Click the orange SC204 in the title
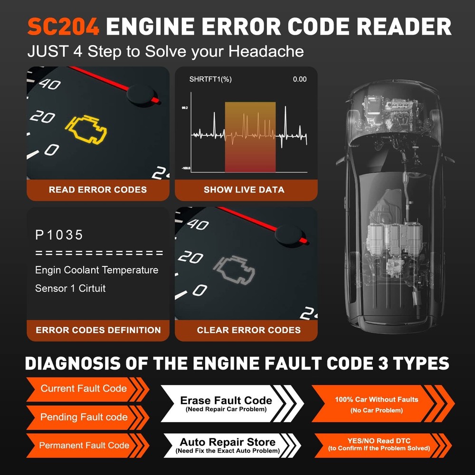(63, 28)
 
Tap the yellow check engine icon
(86, 130)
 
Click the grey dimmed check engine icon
(234, 270)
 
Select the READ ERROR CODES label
(97, 190)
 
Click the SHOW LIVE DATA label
(244, 190)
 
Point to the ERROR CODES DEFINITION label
(98, 330)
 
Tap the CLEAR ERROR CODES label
(248, 330)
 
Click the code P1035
(59, 235)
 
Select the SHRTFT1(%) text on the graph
(210, 79)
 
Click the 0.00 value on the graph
(299, 79)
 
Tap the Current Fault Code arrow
(84, 389)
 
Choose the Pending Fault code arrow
(84, 418)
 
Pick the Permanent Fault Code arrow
(84, 446)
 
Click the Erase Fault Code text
(226, 400)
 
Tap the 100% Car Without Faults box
(376, 404)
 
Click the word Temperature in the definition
(130, 270)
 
